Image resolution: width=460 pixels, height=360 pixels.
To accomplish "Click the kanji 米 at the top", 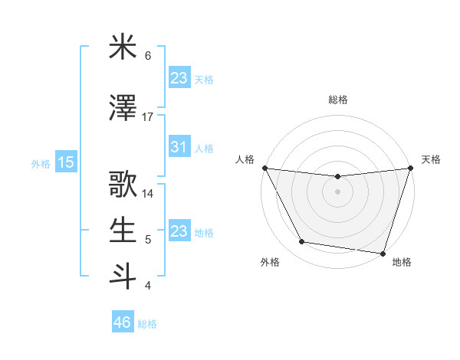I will [123, 47].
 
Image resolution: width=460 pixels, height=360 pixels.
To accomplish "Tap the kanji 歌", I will [123, 185].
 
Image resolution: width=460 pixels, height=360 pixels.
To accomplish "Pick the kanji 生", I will [123, 231].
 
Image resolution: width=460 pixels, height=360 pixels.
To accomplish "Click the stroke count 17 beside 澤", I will [148, 116].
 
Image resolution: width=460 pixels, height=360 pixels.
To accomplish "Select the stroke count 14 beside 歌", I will [148, 194].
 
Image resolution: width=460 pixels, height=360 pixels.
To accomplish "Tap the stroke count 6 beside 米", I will [148, 56].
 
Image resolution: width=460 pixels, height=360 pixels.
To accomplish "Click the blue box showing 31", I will [179, 146].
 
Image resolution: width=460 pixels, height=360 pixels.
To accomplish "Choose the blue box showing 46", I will [123, 322].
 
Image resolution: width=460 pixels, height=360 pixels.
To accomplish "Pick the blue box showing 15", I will [65, 162].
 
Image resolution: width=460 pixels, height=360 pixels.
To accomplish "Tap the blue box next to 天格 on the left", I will [179, 77].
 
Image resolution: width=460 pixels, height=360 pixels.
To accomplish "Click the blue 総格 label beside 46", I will [147, 324].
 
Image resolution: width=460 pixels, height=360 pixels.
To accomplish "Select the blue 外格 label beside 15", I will [40, 163].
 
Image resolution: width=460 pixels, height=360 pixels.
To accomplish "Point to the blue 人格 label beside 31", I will [204, 148].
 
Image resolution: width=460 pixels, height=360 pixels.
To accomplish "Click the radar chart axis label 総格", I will [337, 100].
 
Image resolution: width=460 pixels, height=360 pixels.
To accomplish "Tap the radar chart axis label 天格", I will [431, 159].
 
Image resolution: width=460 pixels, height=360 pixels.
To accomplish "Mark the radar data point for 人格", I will [264, 168].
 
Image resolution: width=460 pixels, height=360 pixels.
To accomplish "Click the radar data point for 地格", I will [382, 253].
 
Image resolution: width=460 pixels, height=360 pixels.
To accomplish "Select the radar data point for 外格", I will [302, 242].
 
